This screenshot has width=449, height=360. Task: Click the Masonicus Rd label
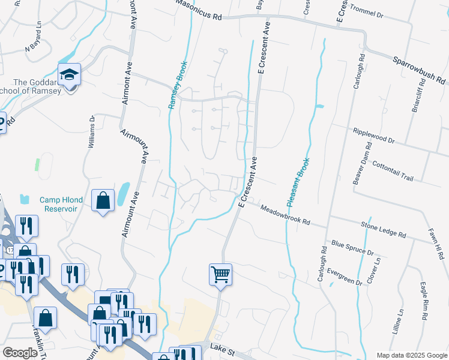[199, 11]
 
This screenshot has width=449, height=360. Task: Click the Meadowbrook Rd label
[285, 214]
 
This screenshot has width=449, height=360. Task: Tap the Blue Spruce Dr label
[352, 248]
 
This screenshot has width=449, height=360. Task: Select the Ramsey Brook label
[178, 85]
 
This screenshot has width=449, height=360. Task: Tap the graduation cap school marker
[69, 75]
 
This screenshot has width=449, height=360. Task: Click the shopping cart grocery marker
[220, 274]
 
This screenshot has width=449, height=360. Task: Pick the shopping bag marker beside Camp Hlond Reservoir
[103, 200]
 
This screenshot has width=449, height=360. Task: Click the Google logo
[20, 353]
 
